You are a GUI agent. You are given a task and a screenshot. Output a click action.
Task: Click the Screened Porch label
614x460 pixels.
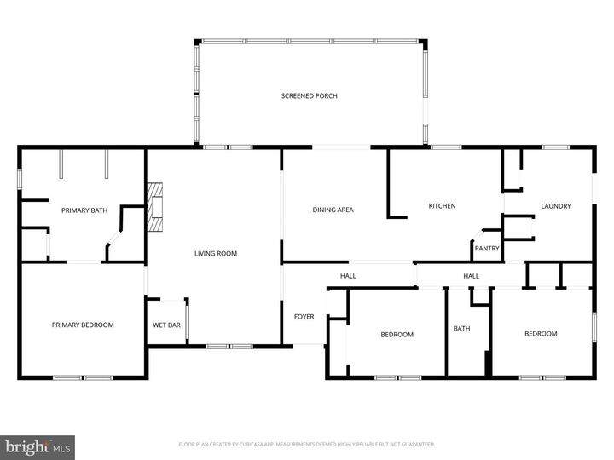tap(310, 96)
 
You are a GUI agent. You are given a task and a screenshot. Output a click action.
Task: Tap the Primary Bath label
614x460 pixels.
tap(82, 210)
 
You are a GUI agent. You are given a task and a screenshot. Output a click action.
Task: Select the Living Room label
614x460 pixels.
tap(216, 253)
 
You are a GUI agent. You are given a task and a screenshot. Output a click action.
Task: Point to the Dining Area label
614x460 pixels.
tap(333, 210)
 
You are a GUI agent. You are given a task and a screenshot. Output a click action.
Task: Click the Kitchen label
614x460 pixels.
tap(442, 206)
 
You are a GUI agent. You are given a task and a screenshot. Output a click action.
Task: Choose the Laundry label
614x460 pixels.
tap(556, 206)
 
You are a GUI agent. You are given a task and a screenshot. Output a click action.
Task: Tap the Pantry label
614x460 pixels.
tap(487, 249)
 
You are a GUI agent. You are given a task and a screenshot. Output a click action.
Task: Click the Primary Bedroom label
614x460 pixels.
tap(83, 325)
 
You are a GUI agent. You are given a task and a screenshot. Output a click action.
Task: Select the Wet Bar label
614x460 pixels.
tap(166, 325)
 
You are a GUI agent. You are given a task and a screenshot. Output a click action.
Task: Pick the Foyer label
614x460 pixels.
tap(304, 317)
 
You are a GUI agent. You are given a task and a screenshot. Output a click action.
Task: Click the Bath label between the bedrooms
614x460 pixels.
tap(461, 329)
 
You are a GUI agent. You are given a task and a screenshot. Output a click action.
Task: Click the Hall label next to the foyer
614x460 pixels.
tap(348, 276)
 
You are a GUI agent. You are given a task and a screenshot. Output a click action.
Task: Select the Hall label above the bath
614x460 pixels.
tap(471, 276)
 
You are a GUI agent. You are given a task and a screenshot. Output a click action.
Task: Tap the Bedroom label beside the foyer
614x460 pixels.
tap(397, 335)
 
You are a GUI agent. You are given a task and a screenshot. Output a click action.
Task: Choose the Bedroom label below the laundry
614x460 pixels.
tap(541, 334)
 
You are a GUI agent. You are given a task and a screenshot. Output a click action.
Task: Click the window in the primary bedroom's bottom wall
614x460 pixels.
tap(82, 377)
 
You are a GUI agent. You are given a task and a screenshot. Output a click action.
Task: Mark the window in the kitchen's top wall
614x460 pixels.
tap(445, 147)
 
